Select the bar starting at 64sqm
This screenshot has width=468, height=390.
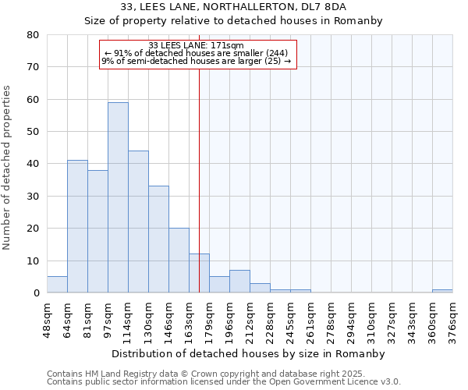pos(77,226)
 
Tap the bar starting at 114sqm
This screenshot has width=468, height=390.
pos(138,222)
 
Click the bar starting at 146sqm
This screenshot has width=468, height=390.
pos(179,261)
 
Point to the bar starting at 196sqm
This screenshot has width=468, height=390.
pos(239,282)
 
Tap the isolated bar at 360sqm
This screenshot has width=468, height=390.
pos(442,291)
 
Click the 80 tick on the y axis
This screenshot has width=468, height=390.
pos(33,35)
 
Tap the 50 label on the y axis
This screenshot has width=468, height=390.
pos(33,132)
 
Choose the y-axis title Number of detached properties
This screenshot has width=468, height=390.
pos(9,164)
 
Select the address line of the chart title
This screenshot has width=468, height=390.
pos(234,7)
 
